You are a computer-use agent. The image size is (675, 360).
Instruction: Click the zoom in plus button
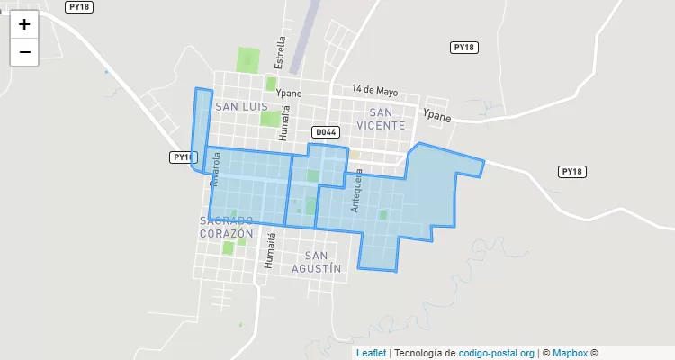[x=24, y=24]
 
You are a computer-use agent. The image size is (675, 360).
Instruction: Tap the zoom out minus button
[x=24, y=52]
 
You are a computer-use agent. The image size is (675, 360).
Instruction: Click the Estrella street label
[x=281, y=52]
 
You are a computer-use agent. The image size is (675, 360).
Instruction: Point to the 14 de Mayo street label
[x=375, y=90]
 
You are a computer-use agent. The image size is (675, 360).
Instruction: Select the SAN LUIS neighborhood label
[x=240, y=106]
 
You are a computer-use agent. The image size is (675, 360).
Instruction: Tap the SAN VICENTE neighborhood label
[x=381, y=119]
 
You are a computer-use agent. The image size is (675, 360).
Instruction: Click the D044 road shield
[x=326, y=132]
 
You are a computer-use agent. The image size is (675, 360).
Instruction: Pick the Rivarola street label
[x=215, y=168]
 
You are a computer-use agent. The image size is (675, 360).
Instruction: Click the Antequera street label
[x=357, y=190]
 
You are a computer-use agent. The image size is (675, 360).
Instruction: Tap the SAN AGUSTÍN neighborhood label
[x=317, y=261]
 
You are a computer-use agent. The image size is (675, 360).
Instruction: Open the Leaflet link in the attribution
[x=371, y=354]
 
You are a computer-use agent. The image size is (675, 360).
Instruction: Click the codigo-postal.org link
[x=497, y=354]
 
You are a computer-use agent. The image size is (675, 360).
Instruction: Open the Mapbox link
[x=570, y=354]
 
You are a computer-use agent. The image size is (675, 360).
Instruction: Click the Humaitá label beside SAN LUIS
[x=285, y=122]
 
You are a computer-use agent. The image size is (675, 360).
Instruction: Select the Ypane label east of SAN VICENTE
[x=437, y=115]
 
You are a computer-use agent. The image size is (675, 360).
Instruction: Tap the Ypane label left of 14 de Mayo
[x=289, y=93]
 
